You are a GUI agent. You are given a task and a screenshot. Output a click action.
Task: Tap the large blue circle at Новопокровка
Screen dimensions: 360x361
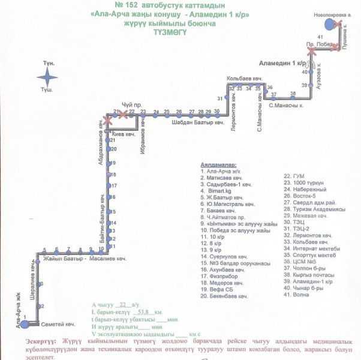[x=329, y=24]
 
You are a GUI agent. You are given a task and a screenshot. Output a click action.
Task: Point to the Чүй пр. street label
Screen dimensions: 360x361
[x=131, y=104]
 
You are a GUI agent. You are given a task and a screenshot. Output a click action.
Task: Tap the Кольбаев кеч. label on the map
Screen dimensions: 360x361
[x=245, y=79]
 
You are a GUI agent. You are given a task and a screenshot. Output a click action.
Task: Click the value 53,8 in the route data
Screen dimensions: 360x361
[x=144, y=313]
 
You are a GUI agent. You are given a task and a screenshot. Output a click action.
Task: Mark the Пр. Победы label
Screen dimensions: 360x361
[x=318, y=44]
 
